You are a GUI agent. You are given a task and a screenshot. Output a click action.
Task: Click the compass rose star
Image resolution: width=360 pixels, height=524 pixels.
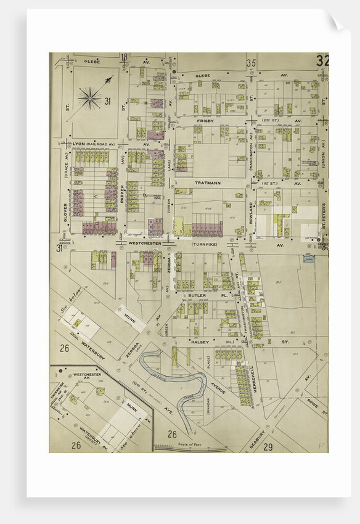[90, 98]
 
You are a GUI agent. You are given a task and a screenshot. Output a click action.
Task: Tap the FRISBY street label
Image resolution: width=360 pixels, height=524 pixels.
[205, 121]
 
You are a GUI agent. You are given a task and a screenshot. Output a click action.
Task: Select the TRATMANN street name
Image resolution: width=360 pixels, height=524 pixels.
[208, 183]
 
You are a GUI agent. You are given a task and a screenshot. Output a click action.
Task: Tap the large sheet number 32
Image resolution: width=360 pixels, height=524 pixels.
[321, 61]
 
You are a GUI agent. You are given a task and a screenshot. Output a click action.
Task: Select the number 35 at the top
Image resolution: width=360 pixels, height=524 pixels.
[251, 63]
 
